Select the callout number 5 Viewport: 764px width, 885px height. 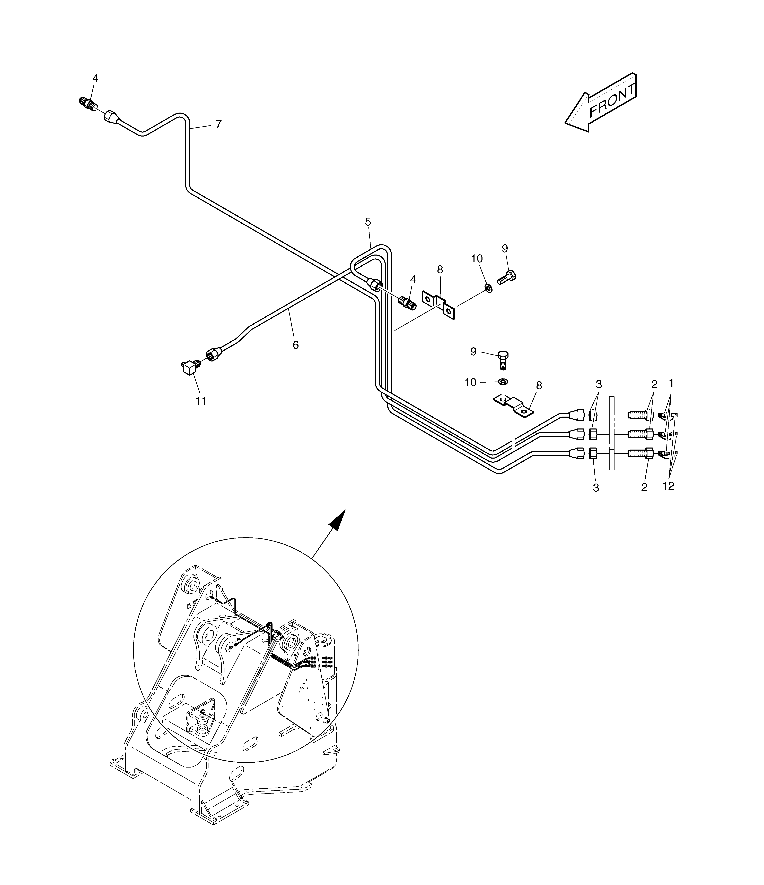368,222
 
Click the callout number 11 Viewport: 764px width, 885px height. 201,401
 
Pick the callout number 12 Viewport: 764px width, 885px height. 668,486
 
